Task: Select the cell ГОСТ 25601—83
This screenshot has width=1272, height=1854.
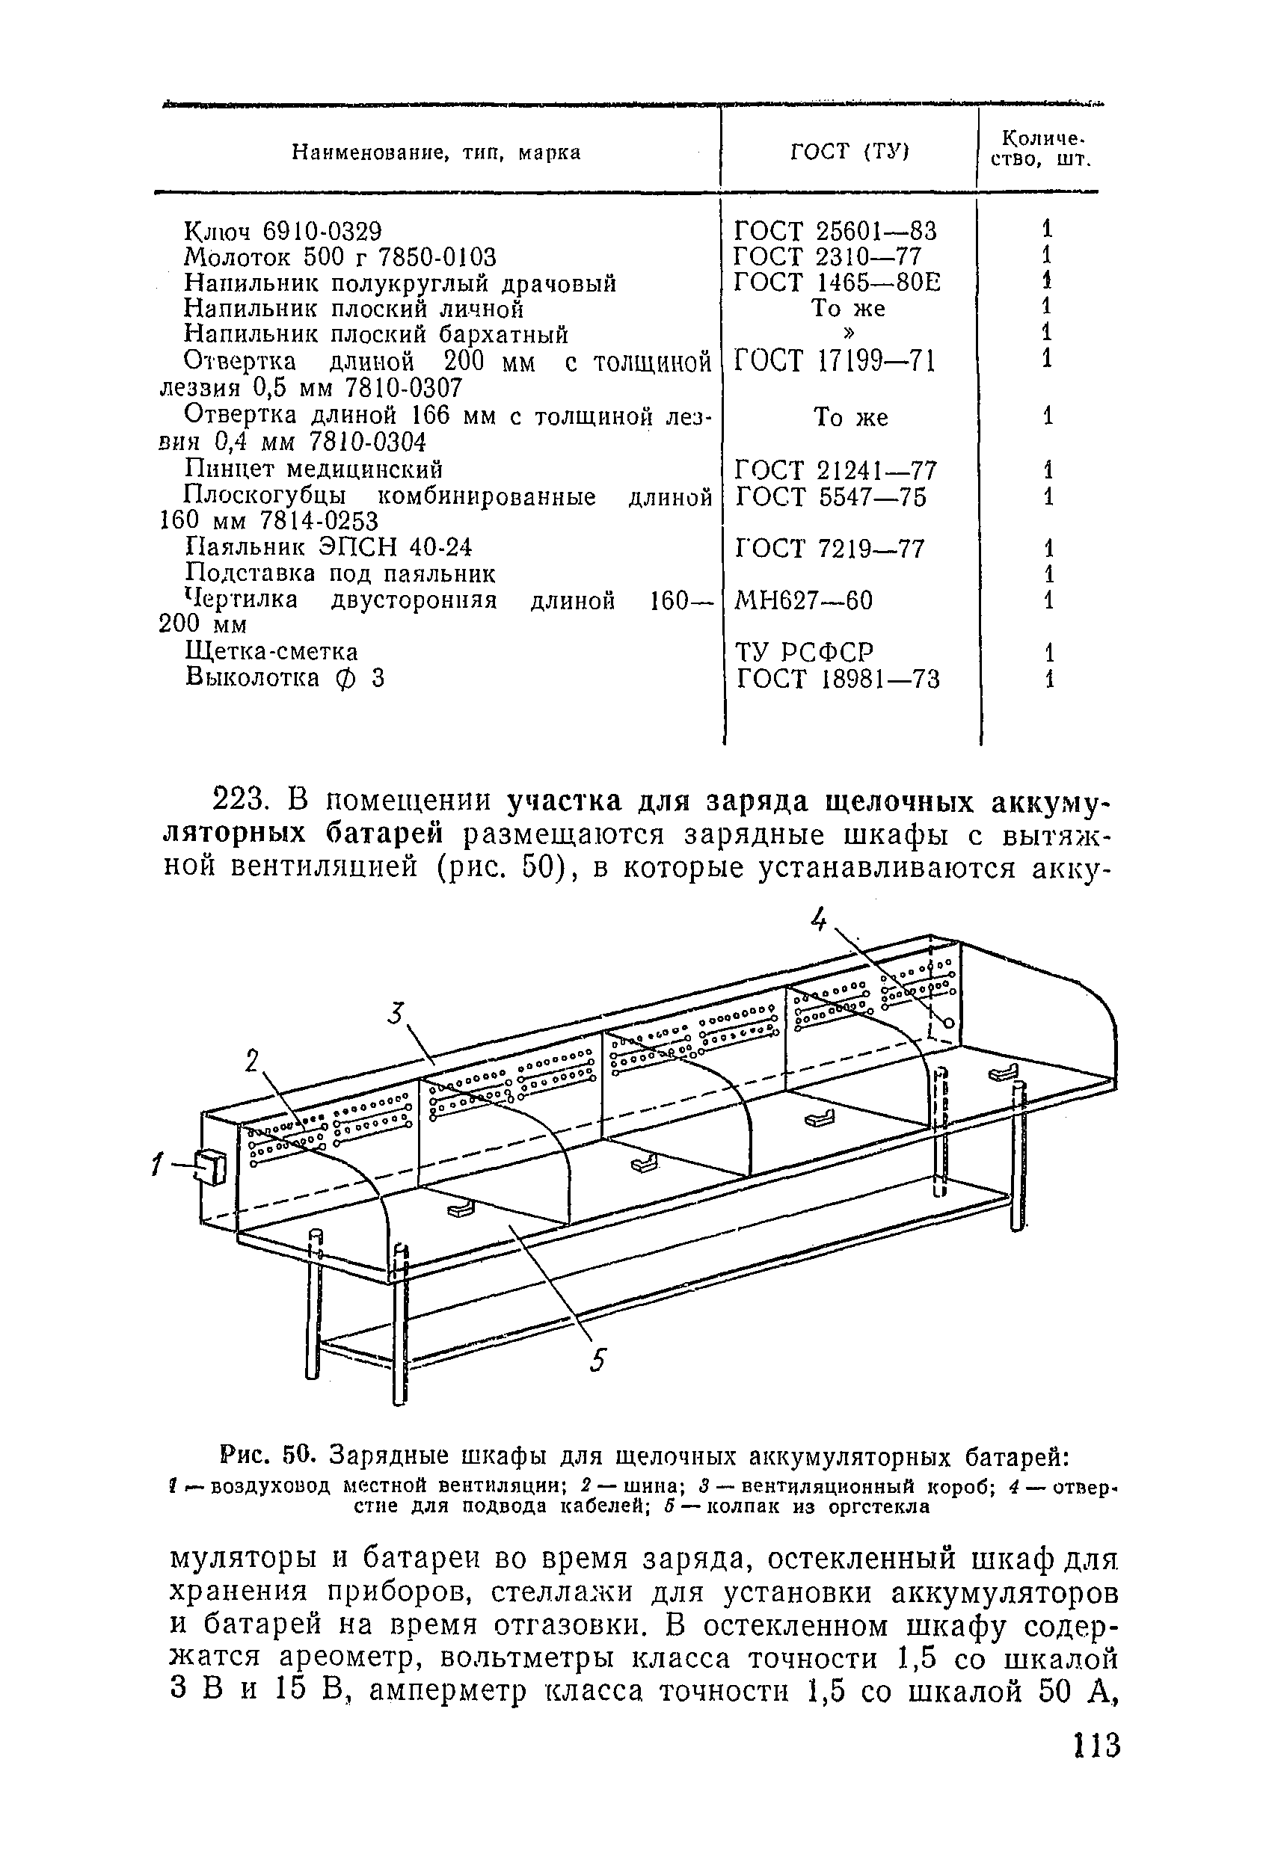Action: (x=835, y=230)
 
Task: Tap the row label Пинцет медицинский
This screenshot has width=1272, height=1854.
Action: (x=313, y=468)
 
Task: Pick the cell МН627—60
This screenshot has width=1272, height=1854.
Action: (x=804, y=600)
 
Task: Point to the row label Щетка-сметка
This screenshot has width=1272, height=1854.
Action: (x=271, y=652)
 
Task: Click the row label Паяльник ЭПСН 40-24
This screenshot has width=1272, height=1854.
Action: (x=328, y=547)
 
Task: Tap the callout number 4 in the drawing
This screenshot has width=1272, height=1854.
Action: (x=819, y=920)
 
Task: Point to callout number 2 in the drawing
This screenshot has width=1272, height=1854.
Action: (x=253, y=1062)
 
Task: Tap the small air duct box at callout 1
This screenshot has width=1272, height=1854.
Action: (x=212, y=1167)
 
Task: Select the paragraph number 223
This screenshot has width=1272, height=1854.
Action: (x=239, y=801)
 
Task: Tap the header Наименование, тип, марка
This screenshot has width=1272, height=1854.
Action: (x=436, y=152)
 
